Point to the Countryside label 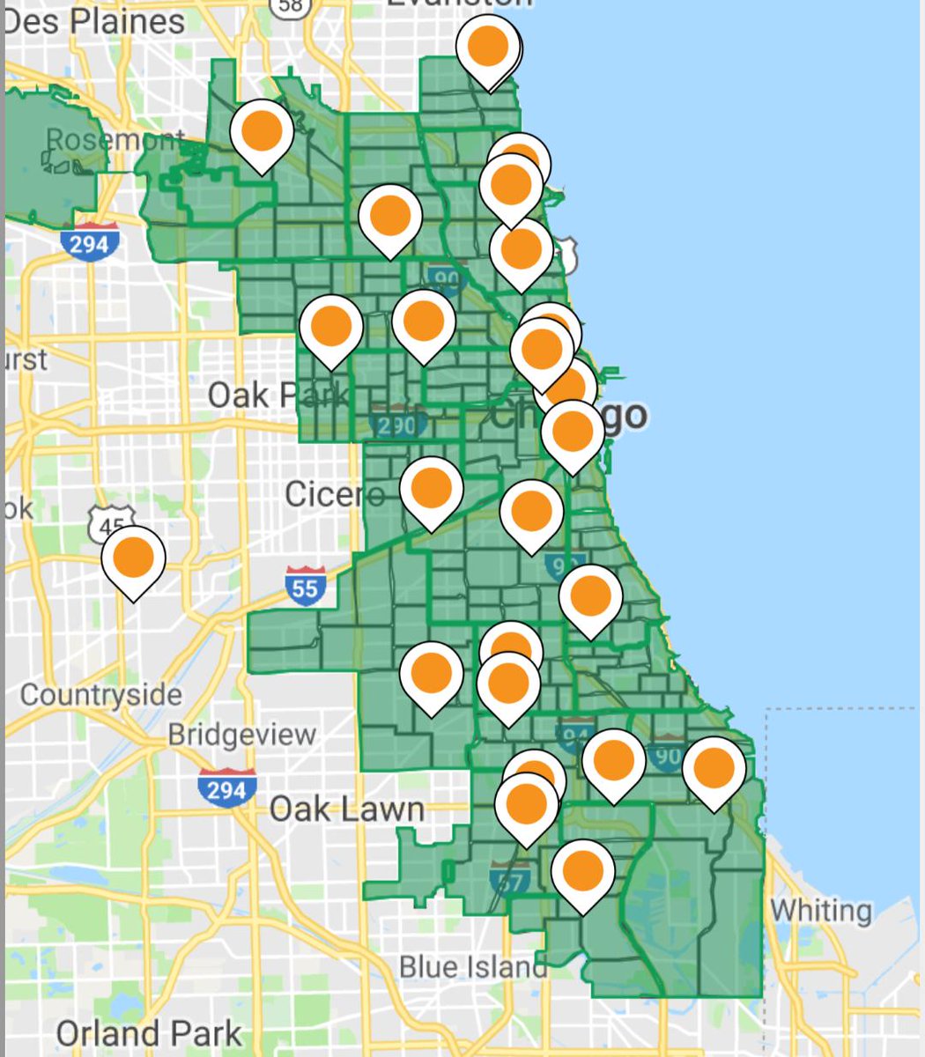pos(100,695)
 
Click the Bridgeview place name pos(241,734)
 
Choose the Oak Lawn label pos(346,809)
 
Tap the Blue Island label pos(472,966)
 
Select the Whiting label pos(821,910)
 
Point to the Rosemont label pos(115,139)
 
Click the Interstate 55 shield pos(305,586)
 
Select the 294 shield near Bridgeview pos(226,787)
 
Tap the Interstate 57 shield pos(510,878)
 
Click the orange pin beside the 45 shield pos(133,558)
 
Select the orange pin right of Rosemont pos(262,130)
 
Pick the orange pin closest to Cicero pos(431,488)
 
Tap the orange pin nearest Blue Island pos(582,870)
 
